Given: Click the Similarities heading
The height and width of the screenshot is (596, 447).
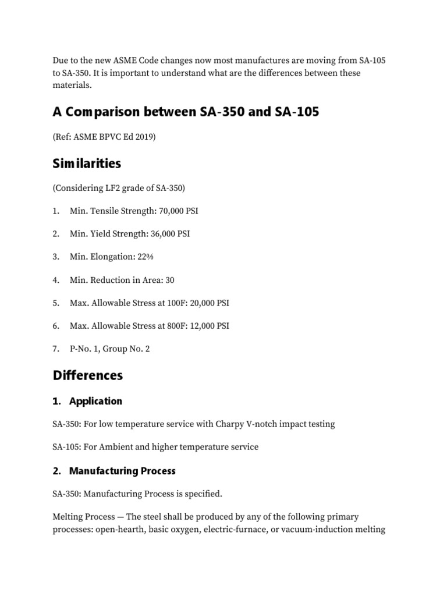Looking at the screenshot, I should point(87,164).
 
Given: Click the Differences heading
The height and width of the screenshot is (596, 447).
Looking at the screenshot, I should point(88,375).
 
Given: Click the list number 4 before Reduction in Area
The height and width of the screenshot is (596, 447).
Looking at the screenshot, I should point(55,280).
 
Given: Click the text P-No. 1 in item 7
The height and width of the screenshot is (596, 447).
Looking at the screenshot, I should point(84,349).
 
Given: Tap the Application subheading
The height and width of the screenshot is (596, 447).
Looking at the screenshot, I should point(95,401).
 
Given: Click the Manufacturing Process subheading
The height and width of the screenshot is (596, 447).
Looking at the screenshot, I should point(122,470).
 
